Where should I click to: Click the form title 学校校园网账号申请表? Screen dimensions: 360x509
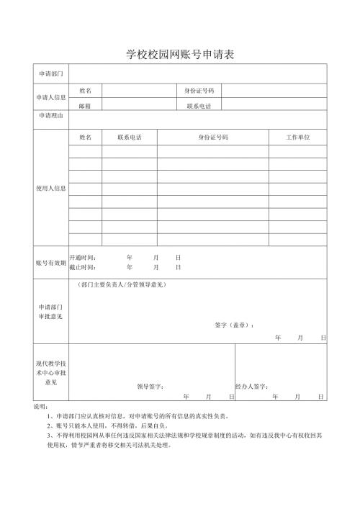[180, 55]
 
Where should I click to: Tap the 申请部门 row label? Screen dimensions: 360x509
[50, 74]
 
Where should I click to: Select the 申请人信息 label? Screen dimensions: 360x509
[50, 97]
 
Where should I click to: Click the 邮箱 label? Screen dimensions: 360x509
[85, 105]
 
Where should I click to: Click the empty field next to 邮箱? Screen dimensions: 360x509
[140, 105]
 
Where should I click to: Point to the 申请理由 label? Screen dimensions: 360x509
[50, 115]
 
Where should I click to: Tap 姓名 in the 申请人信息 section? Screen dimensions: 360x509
[85, 91]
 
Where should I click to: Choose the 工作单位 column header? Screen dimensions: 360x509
[297, 137]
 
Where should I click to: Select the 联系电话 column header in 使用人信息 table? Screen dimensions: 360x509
[129, 137]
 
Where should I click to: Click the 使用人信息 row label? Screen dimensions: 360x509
[50, 188]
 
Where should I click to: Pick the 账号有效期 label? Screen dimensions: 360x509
[50, 263]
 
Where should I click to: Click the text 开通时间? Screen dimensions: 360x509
[83, 257]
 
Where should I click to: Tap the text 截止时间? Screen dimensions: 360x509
[83, 267]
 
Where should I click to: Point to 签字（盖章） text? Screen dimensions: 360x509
[235, 325]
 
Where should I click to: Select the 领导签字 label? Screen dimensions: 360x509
[150, 386]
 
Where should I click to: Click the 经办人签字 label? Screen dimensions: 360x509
[252, 386]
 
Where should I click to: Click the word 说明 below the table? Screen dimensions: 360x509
[40, 407]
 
